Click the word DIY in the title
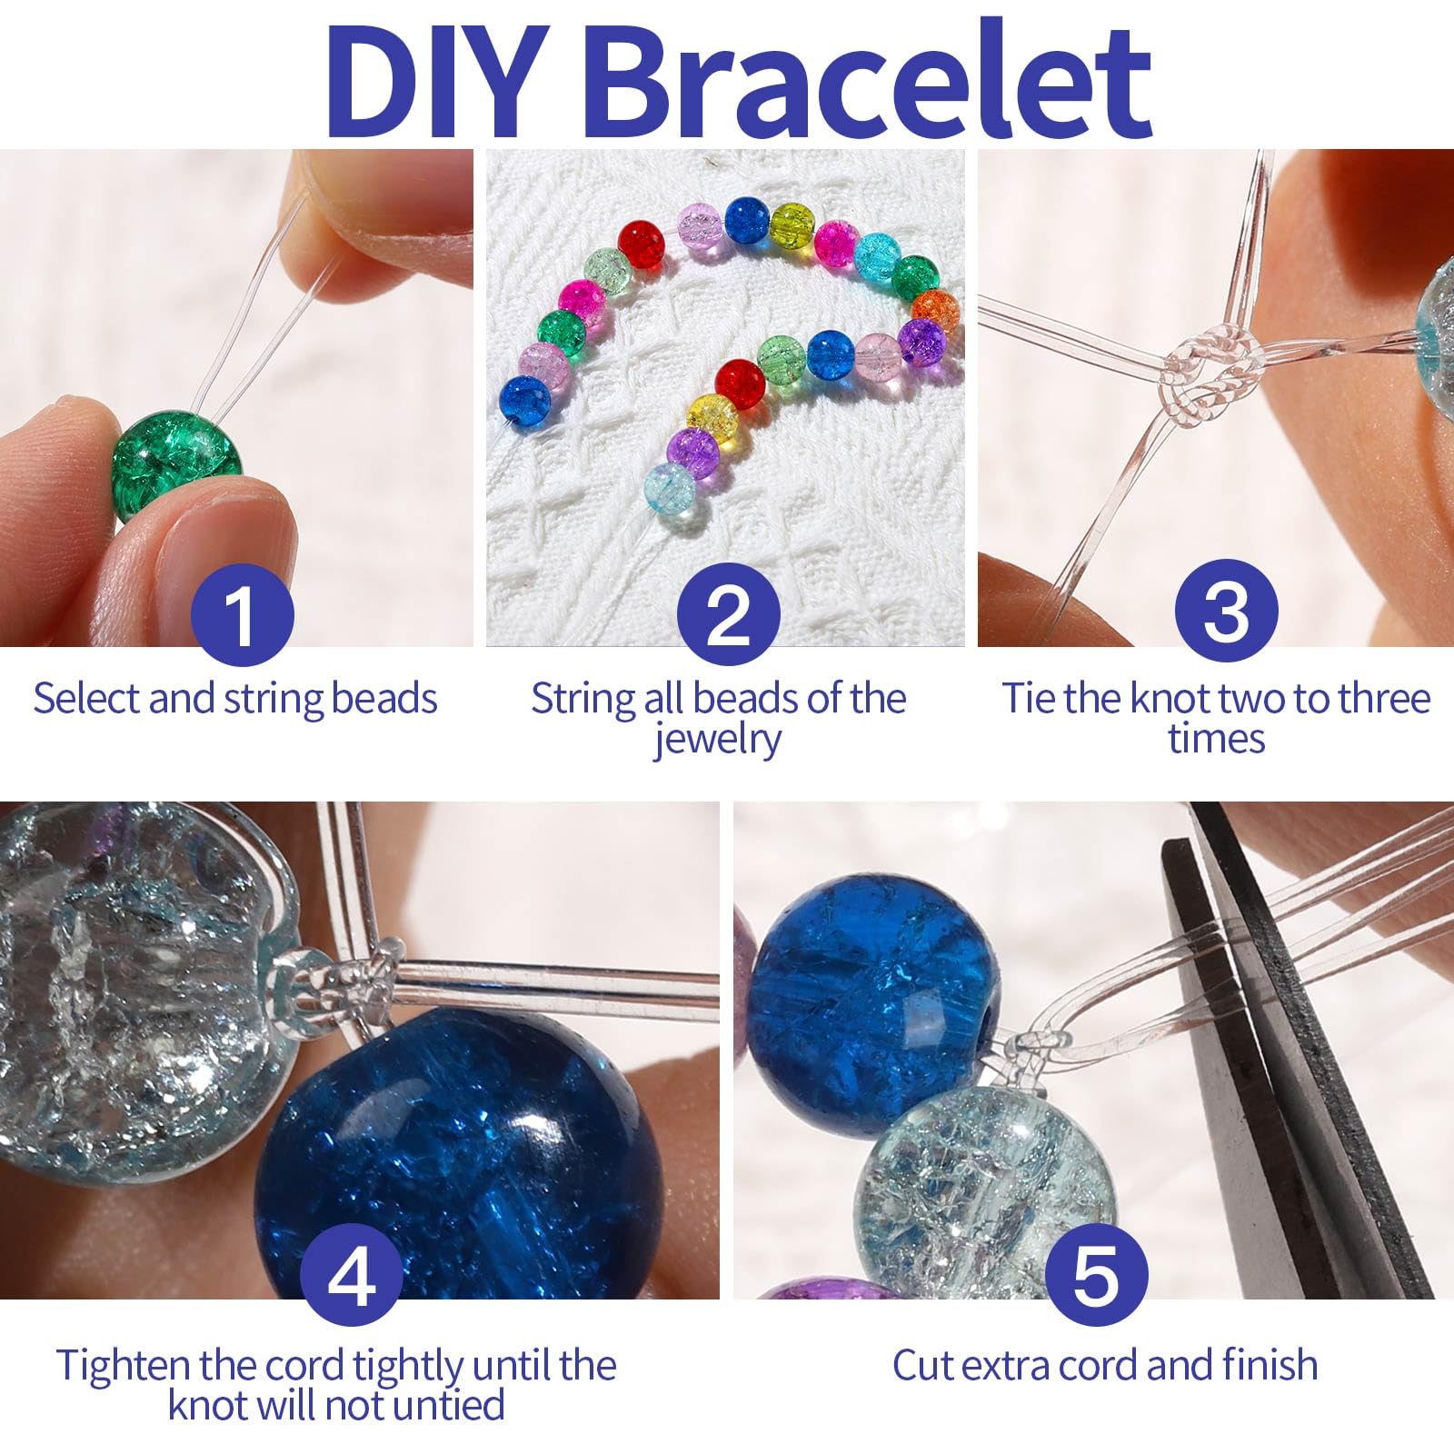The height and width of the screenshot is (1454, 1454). click(440, 79)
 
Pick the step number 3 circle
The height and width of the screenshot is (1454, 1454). click(1226, 611)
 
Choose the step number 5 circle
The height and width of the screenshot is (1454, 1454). click(1096, 1275)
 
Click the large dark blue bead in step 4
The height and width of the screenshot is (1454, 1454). click(459, 1150)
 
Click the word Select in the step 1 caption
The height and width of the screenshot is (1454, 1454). click(87, 699)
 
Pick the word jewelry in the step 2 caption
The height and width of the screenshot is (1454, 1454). click(717, 740)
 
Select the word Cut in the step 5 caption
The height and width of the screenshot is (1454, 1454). click(923, 1365)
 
